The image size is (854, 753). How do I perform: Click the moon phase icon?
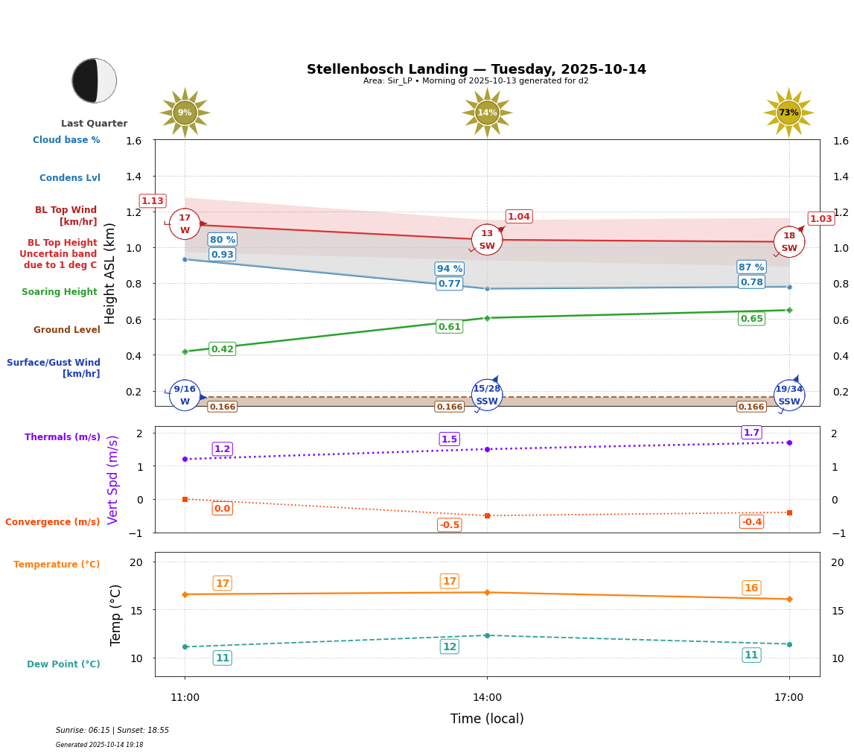95,80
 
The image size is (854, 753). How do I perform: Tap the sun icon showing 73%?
788,112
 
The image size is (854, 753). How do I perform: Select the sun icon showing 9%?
185,112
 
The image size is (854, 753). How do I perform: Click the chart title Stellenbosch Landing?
476,69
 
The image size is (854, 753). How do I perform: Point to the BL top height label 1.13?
153,201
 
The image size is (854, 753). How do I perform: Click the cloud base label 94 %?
450,269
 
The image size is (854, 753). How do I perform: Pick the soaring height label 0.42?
223,349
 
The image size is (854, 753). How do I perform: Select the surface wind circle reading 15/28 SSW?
487,395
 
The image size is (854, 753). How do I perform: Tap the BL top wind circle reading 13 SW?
487,240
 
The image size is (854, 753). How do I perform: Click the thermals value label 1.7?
751,433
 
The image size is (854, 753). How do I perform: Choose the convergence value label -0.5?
450,525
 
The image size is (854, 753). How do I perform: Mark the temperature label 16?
751,588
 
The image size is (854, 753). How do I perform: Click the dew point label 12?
450,646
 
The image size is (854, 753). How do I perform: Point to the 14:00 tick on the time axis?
487,698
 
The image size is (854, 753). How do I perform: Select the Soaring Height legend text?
60,292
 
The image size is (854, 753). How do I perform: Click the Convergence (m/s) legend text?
53,522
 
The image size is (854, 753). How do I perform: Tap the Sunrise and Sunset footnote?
112,731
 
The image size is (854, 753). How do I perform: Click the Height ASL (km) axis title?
110,273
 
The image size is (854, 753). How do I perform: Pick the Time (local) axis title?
487,719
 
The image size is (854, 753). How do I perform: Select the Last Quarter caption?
95,124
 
